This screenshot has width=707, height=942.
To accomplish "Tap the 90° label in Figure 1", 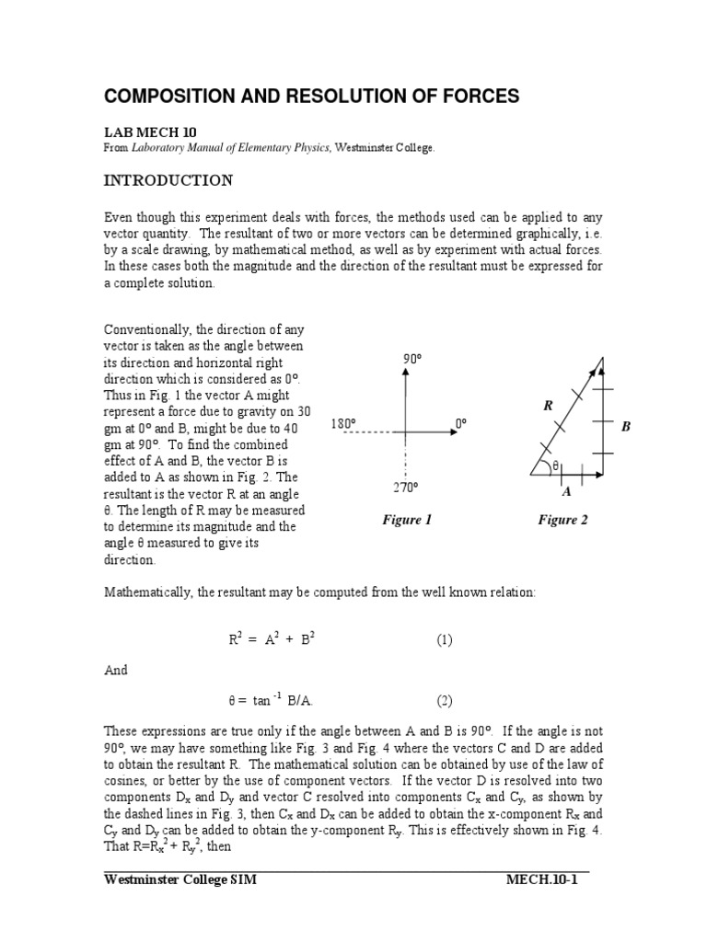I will click(x=411, y=359).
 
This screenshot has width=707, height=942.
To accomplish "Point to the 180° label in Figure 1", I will click(x=343, y=424).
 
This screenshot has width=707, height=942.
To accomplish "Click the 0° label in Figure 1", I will click(x=461, y=423).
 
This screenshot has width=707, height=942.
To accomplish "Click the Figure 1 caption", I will click(x=407, y=521).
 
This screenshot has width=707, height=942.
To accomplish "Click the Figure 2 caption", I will click(x=562, y=521).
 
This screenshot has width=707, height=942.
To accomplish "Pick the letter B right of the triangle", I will click(x=626, y=427).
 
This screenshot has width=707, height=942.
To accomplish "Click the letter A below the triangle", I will click(x=566, y=491).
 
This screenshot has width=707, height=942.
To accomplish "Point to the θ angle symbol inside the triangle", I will click(x=555, y=466).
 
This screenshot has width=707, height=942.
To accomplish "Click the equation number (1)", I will click(x=445, y=640).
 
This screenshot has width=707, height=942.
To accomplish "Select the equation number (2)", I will click(x=445, y=700).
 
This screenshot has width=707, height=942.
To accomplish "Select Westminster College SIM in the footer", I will click(x=180, y=879).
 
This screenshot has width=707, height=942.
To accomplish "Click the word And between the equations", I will click(x=115, y=671).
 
